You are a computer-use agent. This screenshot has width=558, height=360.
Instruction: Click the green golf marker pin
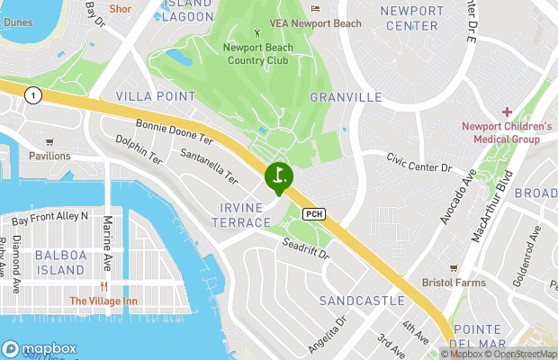279,176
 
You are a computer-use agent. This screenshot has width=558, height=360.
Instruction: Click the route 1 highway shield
33,94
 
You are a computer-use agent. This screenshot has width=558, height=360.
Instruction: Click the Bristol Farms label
454,283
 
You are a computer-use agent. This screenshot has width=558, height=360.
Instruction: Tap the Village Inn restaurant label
104,301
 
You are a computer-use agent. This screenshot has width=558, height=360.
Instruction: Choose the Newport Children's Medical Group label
507,132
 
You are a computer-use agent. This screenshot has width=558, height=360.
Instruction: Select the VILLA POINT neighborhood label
156,95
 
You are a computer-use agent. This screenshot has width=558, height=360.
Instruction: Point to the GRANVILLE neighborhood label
346,97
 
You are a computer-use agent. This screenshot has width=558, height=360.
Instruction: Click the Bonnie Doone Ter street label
174,132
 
